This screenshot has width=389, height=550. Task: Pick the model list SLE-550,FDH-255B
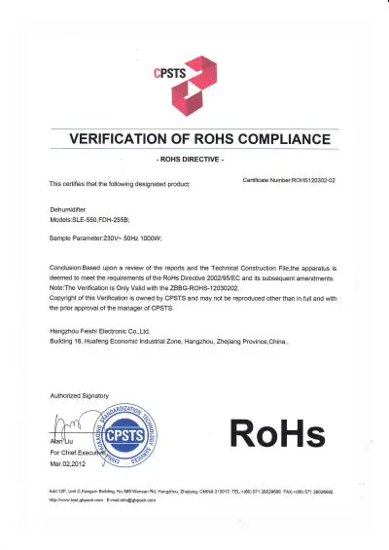pyautogui.click(x=103, y=220)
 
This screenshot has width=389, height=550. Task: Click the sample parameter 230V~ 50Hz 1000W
pyautogui.click(x=118, y=238)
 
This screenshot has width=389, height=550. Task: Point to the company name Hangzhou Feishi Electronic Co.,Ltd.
pyautogui.click(x=110, y=332)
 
